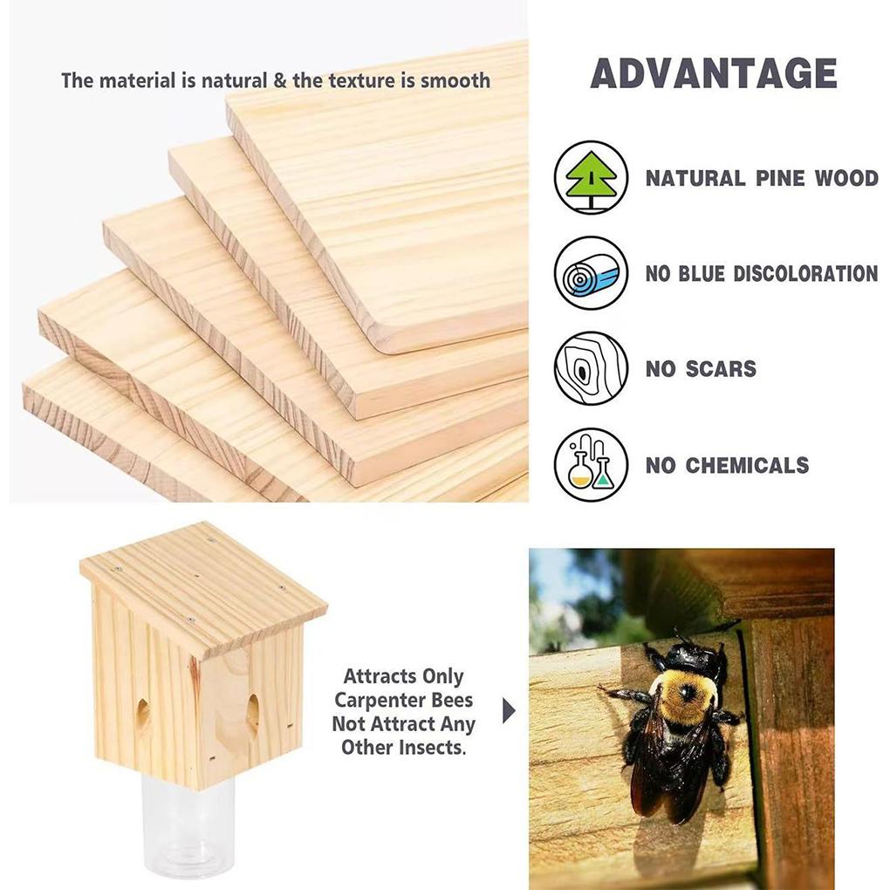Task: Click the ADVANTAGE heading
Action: pos(713,74)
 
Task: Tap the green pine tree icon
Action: pos(591,178)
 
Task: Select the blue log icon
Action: pos(591,273)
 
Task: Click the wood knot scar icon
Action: pos(591,368)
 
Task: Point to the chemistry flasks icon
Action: pos(591,464)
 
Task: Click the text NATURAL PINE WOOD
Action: pos(761,179)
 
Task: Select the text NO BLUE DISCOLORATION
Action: pos(761,274)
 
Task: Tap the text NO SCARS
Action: pos(701,369)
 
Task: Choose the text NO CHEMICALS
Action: pos(727,465)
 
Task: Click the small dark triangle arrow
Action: pos(509,711)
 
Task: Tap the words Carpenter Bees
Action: pos(403,700)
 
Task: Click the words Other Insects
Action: pos(403,747)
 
